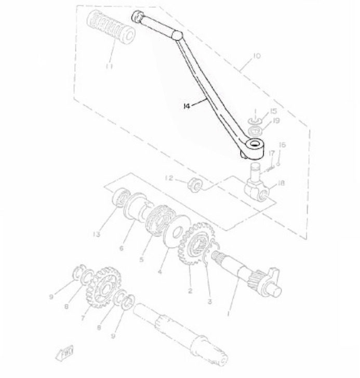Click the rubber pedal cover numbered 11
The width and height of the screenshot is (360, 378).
pyautogui.click(x=110, y=28)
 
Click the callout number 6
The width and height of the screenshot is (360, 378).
pyautogui.click(x=122, y=249)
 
